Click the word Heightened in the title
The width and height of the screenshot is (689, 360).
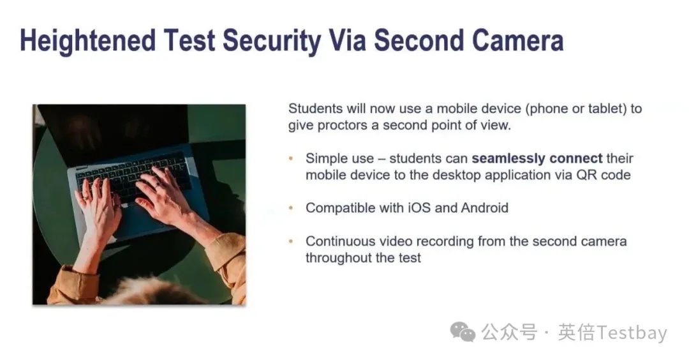pos(88,41)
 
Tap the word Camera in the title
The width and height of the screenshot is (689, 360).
pos(517,40)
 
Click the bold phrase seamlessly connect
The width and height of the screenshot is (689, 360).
pos(537,158)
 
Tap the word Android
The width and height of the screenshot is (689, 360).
pos(485,207)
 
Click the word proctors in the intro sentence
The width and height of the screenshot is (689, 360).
pos(342,126)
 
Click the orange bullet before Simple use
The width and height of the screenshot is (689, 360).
pos(291,158)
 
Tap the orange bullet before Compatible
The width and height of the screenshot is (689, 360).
pos(291,208)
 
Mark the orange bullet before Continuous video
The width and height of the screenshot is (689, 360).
pos(291,241)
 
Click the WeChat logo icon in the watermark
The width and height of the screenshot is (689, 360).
pos(463,332)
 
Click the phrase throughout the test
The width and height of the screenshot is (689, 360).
pos(363,258)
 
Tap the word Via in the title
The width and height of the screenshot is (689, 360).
pos(347,40)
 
